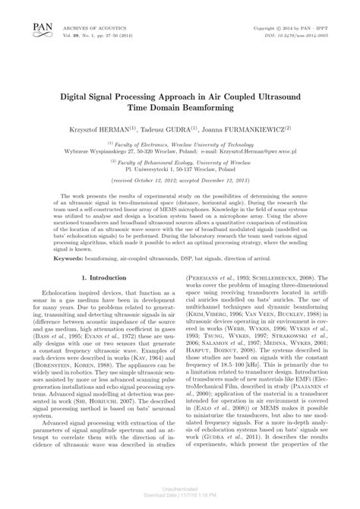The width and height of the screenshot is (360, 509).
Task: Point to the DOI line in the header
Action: [298, 35]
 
